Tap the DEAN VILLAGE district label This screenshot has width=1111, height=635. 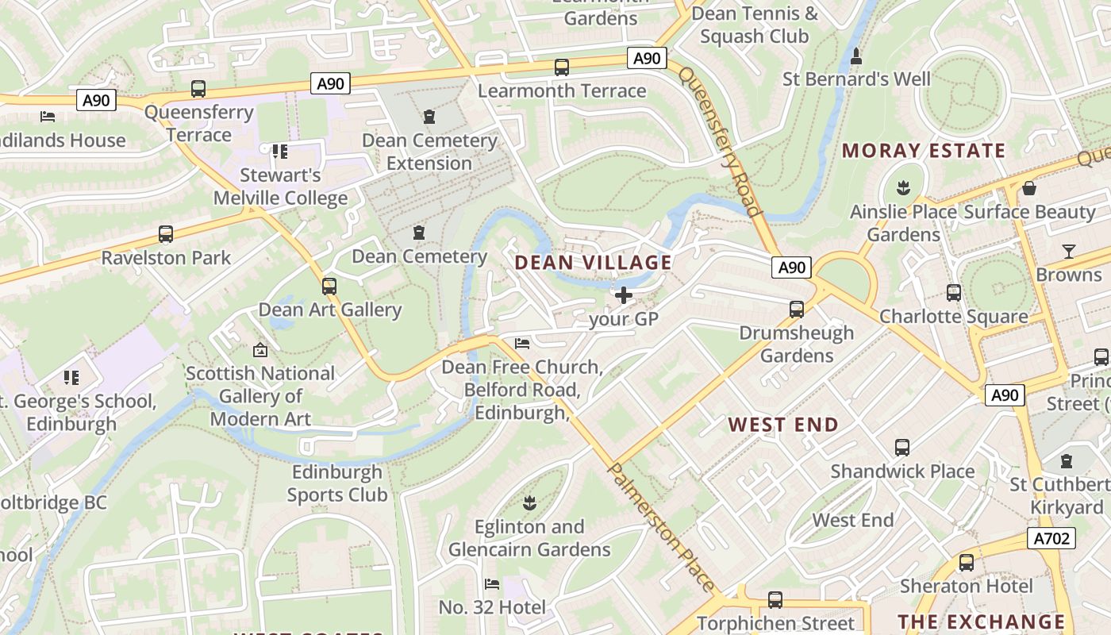pos(594,263)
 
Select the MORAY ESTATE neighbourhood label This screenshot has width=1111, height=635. pos(923,151)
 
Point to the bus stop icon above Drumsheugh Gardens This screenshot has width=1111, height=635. pos(797,310)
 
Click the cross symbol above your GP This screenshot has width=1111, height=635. pos(624,296)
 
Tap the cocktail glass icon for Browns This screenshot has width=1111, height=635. pos(1069,252)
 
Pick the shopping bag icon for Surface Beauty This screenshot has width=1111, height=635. pos(1029,188)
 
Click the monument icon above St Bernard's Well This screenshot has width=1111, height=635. pos(856,56)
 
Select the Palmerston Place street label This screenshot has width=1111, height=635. pos(660,525)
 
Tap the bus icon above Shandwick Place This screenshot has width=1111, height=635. pos(902,448)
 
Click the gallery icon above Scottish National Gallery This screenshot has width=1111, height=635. pos(259,349)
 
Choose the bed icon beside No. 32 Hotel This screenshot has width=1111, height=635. pos(492,584)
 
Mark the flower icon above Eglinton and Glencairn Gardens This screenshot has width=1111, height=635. pos(529,502)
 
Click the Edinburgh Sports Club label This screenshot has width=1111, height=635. pos(337,483)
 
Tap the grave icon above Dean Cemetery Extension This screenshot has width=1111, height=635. pos(429,117)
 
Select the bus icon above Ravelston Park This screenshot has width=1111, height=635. pos(166,234)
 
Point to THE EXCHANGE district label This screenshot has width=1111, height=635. pos(981,622)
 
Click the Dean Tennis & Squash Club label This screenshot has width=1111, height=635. pos(755,25)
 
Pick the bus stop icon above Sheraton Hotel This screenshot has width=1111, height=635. pos(966,563)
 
